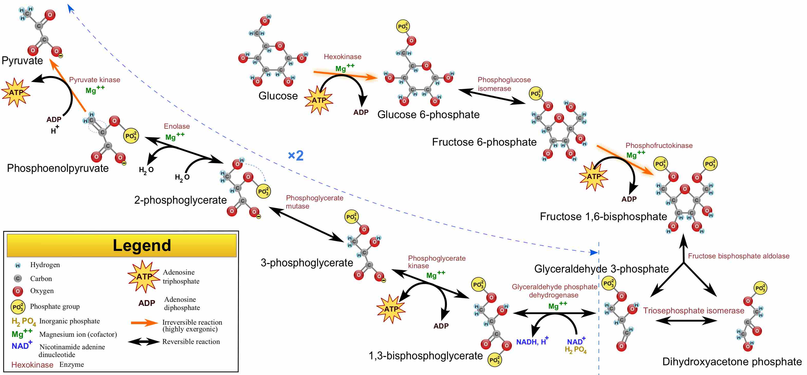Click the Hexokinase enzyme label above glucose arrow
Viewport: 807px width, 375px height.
(x=342, y=57)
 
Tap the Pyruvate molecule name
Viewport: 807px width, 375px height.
(x=22, y=60)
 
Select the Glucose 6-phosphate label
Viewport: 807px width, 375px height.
(x=428, y=115)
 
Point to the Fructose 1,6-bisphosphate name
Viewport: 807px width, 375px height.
(x=603, y=217)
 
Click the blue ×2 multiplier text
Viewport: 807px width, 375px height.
(x=295, y=155)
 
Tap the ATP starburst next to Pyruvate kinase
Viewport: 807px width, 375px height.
(x=16, y=92)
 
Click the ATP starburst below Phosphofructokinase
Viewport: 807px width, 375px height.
(x=593, y=176)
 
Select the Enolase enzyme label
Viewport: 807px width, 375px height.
(x=177, y=126)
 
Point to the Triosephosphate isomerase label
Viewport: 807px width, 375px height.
(x=693, y=311)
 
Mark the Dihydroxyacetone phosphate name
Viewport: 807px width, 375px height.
(x=732, y=362)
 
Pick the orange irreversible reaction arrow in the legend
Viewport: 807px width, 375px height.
(x=144, y=323)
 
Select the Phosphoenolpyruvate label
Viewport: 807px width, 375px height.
(x=58, y=168)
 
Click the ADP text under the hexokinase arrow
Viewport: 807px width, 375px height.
(x=361, y=112)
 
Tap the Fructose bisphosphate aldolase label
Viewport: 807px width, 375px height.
(x=738, y=256)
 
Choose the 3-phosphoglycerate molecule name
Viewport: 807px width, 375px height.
(x=306, y=262)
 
